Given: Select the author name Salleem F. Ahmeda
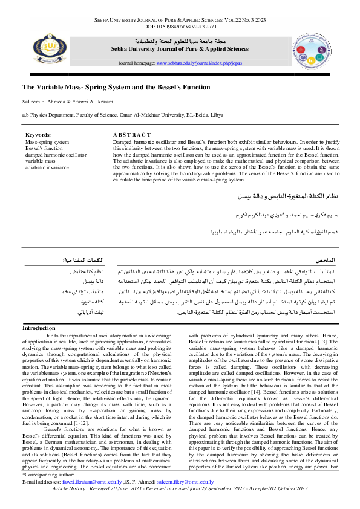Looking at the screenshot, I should (x=45, y=101).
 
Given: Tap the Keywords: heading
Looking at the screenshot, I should (x=38, y=135).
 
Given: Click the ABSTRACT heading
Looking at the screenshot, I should (x=132, y=135).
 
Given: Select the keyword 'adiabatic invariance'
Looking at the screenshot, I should (x=47, y=167).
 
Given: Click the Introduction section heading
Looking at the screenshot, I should (x=39, y=328).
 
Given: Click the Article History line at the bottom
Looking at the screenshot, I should (x=180, y=505).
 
